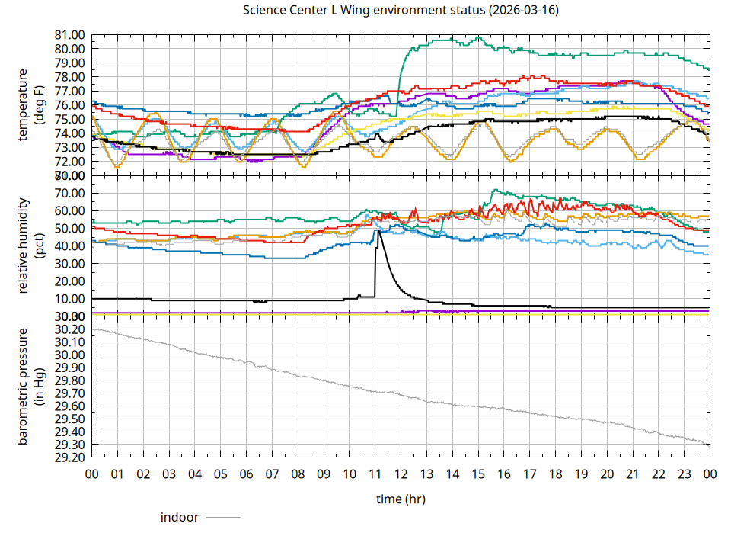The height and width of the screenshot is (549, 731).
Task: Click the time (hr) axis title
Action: point(401,499)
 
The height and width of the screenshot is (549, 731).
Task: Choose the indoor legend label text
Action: point(180,518)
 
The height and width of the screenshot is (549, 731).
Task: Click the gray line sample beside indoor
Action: point(223,518)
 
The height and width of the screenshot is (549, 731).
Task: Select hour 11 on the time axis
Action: point(375,474)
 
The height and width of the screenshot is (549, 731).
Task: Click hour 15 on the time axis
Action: point(478,474)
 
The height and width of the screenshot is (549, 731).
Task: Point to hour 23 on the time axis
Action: point(684,474)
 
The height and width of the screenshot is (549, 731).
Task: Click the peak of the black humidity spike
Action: point(378,230)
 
